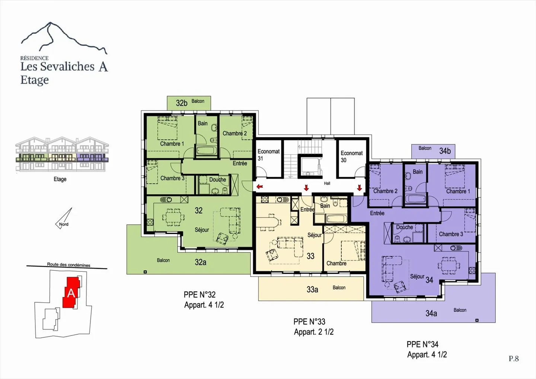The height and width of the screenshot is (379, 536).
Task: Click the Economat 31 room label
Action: click(x=268, y=155)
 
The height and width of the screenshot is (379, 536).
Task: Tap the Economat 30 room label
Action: click(x=351, y=156)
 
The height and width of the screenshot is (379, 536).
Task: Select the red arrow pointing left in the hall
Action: click(x=260, y=187)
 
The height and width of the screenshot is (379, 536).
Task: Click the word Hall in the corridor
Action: click(x=327, y=183)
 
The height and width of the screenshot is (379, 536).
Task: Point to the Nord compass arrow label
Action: click(x=64, y=224)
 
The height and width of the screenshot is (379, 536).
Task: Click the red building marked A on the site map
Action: click(x=71, y=292)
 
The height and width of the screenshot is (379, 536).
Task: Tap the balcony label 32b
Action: click(x=182, y=103)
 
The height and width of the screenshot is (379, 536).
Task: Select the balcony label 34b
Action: click(x=445, y=151)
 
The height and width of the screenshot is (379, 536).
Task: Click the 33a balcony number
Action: click(x=312, y=290)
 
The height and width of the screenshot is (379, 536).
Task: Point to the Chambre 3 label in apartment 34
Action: click(x=451, y=234)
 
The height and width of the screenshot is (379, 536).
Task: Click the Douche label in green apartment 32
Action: click(x=217, y=179)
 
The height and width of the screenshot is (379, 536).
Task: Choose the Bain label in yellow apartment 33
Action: click(x=325, y=206)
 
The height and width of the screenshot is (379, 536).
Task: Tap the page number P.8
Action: click(x=514, y=359)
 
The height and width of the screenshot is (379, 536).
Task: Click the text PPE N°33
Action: click(x=309, y=322)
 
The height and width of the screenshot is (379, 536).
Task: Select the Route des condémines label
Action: click(x=68, y=265)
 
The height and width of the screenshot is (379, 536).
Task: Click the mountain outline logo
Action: click(x=64, y=38)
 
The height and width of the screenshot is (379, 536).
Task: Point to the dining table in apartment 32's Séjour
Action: click(x=173, y=217)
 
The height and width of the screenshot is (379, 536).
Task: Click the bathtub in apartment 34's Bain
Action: click(x=415, y=198)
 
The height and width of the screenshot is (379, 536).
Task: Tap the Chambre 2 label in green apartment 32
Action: click(x=234, y=133)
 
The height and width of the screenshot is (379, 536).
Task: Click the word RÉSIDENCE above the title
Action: click(x=34, y=58)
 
